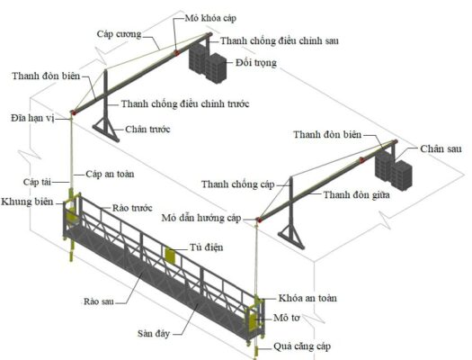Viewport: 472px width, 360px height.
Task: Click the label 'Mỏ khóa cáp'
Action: (x=210, y=18)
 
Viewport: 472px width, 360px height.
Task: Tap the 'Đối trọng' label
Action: (x=256, y=63)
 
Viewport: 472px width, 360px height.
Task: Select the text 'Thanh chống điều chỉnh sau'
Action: (x=280, y=40)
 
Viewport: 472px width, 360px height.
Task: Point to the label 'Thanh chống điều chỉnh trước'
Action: (x=185, y=103)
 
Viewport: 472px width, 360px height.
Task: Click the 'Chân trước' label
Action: (x=147, y=130)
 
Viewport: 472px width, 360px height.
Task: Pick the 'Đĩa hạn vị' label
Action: (x=32, y=118)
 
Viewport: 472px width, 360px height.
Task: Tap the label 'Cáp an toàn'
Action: (x=110, y=174)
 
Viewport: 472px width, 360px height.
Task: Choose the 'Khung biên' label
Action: (x=27, y=202)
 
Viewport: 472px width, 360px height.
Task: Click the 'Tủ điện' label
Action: (x=207, y=247)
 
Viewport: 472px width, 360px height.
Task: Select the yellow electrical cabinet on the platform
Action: (x=171, y=255)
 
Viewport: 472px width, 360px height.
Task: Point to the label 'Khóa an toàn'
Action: (x=307, y=298)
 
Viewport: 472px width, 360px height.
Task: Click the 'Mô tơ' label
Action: (x=287, y=318)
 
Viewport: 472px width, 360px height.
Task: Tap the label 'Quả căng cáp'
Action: (x=302, y=346)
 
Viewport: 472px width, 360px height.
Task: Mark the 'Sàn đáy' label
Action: (x=154, y=334)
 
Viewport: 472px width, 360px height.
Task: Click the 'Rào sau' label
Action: (x=99, y=301)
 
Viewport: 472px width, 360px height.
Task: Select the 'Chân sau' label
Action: (x=441, y=148)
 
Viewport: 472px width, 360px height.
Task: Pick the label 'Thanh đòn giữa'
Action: (x=356, y=195)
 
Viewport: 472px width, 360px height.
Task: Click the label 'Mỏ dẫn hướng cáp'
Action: (x=201, y=218)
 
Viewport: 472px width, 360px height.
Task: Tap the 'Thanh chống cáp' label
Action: (x=238, y=184)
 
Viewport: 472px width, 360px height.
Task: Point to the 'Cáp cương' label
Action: (x=119, y=34)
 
